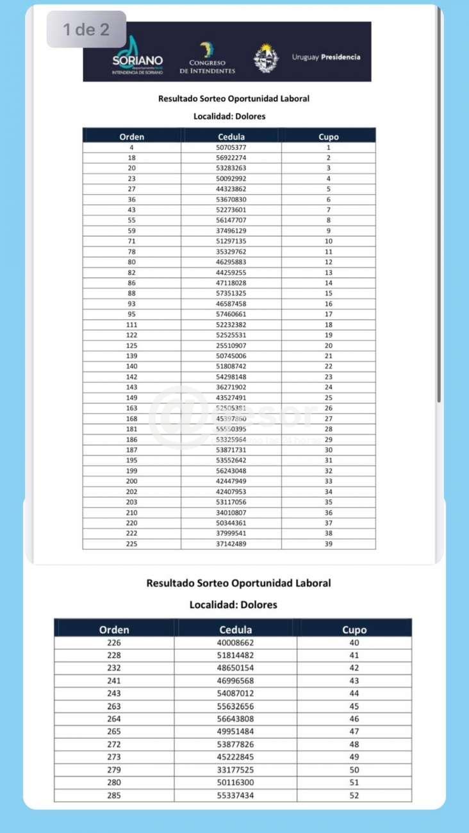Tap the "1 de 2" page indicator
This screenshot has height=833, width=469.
click(x=86, y=29)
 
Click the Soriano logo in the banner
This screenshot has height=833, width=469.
click(x=137, y=58)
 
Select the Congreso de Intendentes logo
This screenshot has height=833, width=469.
click(x=207, y=59)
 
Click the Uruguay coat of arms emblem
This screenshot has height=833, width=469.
click(x=266, y=58)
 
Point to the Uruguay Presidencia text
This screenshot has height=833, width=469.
click(x=326, y=57)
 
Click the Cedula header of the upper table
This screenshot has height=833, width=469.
click(x=231, y=136)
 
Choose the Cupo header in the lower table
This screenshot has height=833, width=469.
click(x=354, y=630)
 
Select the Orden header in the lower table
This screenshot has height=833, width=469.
click(x=114, y=630)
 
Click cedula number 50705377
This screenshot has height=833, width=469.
click(x=231, y=147)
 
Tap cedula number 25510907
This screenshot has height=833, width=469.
click(x=231, y=345)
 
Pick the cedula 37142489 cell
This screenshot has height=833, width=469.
click(x=231, y=544)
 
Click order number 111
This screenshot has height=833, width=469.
click(x=132, y=325)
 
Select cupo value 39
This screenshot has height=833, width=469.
click(x=329, y=544)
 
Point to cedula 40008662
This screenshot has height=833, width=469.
click(x=236, y=643)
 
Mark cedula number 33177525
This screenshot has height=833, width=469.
click(x=236, y=770)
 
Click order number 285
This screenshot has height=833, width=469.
click(x=114, y=795)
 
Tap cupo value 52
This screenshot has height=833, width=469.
click(x=354, y=795)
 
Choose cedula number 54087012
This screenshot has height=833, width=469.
click(x=236, y=693)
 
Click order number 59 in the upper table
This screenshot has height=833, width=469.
click(x=132, y=231)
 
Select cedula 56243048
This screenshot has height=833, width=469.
click(x=231, y=471)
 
